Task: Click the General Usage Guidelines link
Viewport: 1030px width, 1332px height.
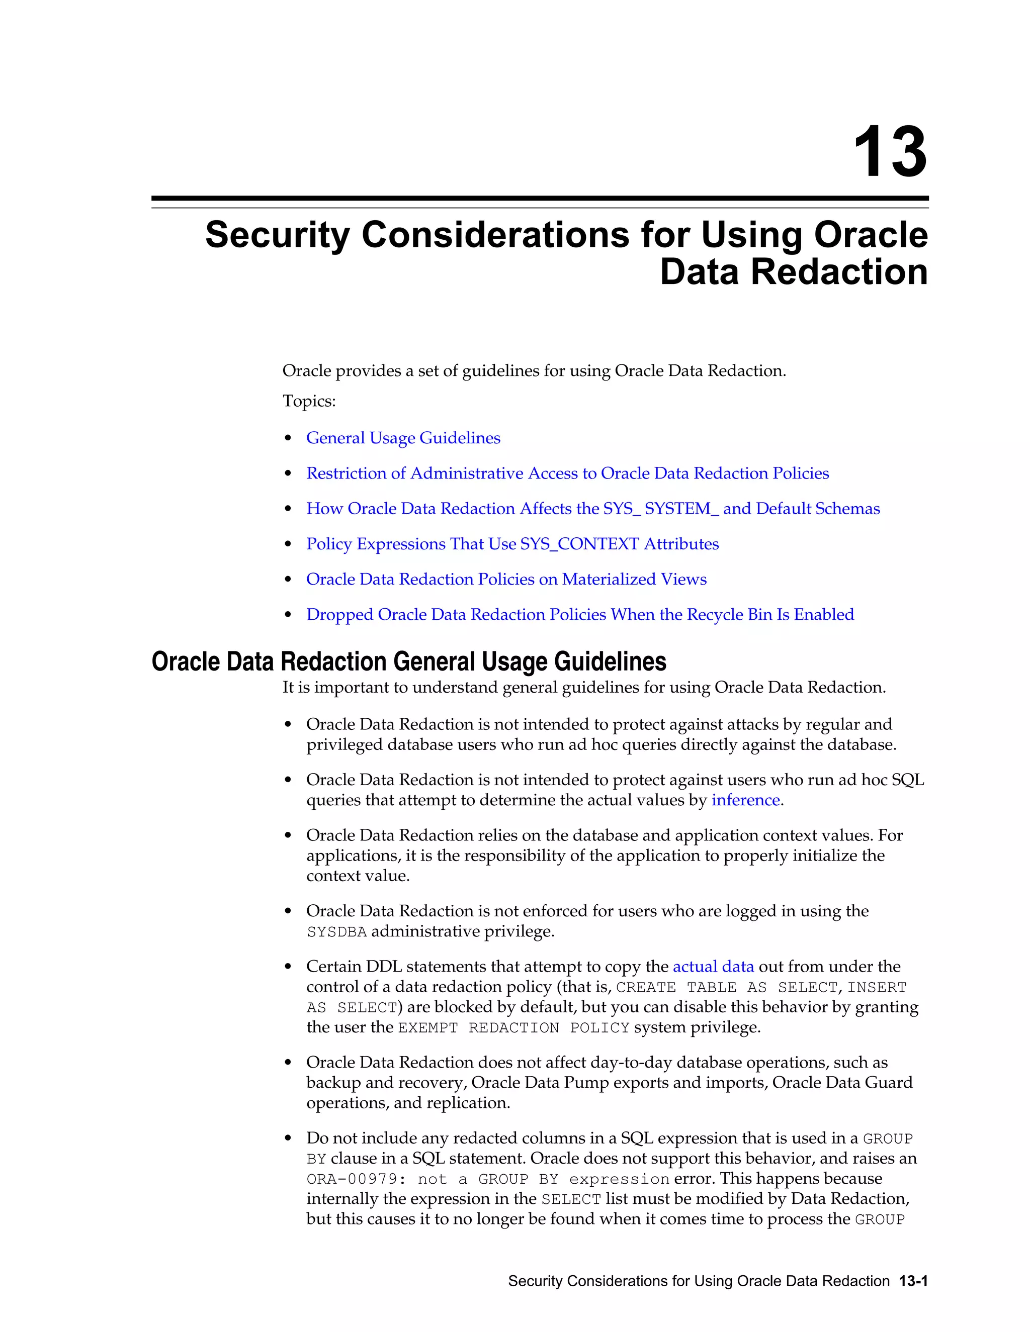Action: [x=403, y=438]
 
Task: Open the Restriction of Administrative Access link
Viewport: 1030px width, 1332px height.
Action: [x=567, y=473]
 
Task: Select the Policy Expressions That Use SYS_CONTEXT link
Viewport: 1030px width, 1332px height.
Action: [x=512, y=544]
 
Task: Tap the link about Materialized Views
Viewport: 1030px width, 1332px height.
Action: [x=506, y=580]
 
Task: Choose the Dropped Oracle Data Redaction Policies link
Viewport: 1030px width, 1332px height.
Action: [x=580, y=615]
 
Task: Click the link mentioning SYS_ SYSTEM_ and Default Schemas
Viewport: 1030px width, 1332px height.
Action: [x=592, y=509]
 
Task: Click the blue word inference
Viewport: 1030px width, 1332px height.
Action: [x=746, y=800]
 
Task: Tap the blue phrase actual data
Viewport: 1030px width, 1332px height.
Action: [x=713, y=967]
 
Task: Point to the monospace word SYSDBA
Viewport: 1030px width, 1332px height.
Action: [x=337, y=932]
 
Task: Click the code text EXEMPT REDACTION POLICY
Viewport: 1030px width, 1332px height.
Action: [x=513, y=1028]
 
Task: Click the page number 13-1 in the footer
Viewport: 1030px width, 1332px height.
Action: [x=913, y=1281]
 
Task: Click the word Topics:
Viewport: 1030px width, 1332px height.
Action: [x=309, y=401]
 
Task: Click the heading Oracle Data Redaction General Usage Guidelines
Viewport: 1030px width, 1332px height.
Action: [x=408, y=662]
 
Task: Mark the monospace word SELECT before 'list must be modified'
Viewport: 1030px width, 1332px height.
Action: [x=571, y=1200]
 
